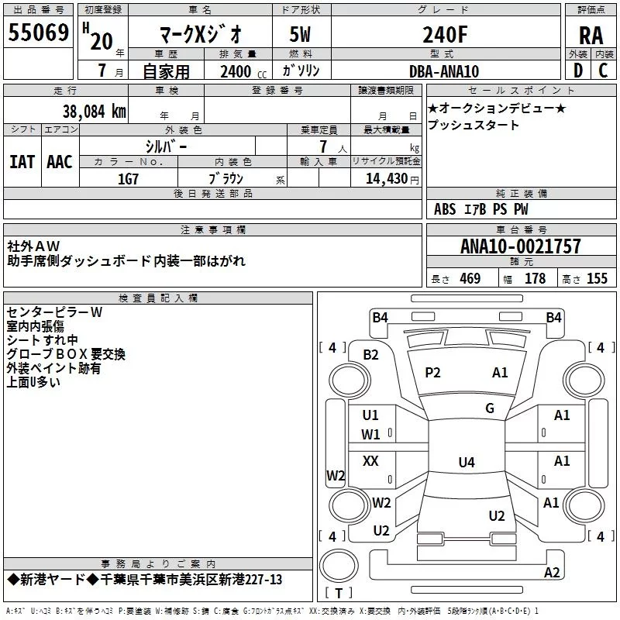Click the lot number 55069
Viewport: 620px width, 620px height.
coord(39,33)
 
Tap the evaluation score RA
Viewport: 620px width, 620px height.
coord(591,35)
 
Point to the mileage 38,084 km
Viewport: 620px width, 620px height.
coord(95,111)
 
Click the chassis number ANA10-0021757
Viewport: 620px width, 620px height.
coord(520,247)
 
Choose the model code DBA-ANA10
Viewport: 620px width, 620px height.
coord(444,71)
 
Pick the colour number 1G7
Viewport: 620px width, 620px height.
coord(128,178)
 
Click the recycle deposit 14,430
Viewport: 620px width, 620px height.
coord(381,178)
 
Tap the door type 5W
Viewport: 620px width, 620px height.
coord(301,35)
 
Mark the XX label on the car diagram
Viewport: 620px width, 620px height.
coord(371,461)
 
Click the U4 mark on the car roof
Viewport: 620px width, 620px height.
coord(466,463)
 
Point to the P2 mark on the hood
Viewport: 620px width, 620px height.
coord(432,373)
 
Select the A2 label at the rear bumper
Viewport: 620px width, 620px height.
coord(552,573)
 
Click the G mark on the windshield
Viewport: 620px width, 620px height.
coord(490,408)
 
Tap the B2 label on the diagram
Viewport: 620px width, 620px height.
coord(371,354)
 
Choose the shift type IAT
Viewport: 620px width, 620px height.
coord(22,161)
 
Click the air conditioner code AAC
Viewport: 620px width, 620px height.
coord(60,161)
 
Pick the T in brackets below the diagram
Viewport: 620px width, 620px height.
coord(340,594)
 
